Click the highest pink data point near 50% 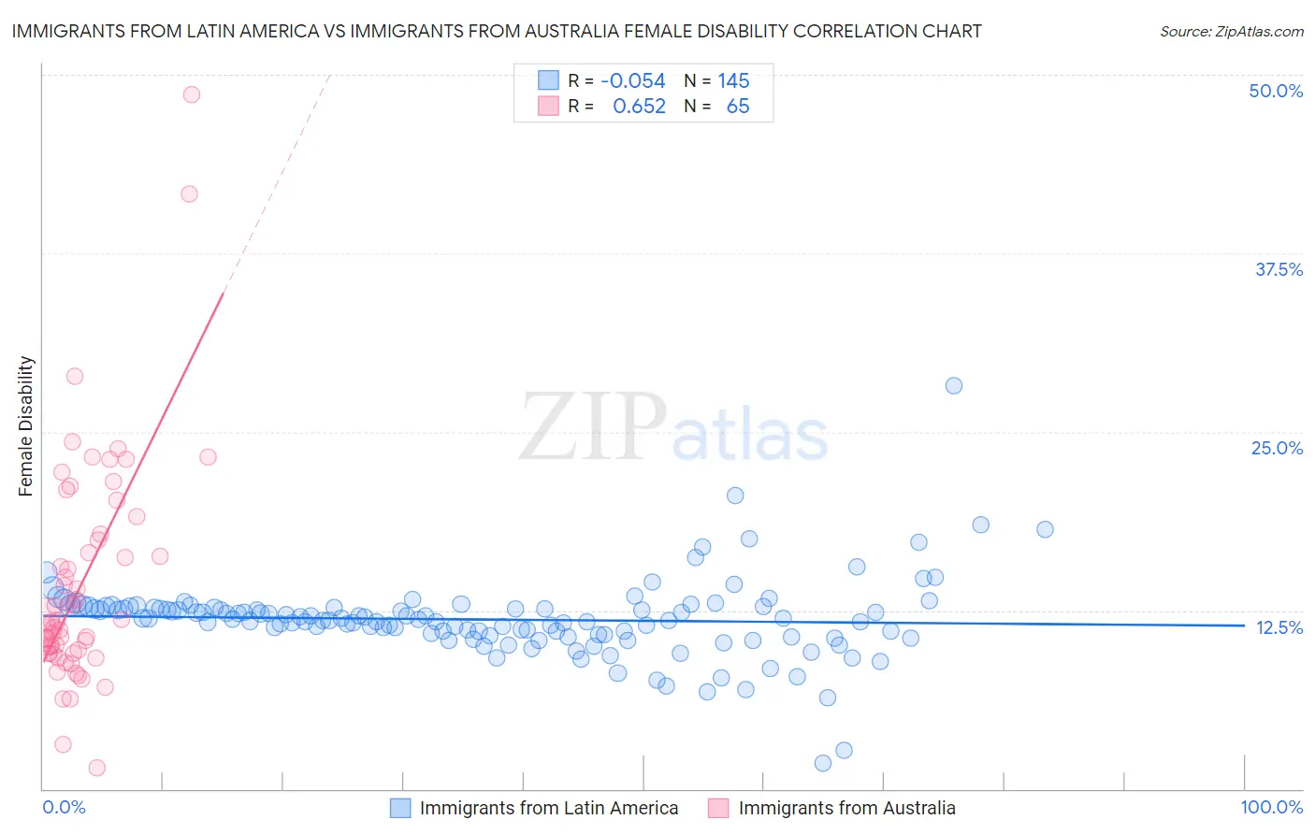(192, 94)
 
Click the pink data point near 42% (189, 194)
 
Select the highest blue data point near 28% (954, 386)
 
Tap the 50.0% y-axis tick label (1276, 91)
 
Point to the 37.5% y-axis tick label (1279, 269)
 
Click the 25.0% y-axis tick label (1277, 448)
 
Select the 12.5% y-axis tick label (1279, 627)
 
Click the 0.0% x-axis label (64, 807)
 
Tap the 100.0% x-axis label (1271, 807)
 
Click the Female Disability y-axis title (26, 426)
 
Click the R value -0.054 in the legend (633, 81)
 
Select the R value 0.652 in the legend (639, 107)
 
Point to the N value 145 (733, 81)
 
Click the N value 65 (738, 107)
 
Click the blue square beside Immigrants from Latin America (400, 808)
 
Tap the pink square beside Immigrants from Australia (718, 808)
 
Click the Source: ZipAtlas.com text (1231, 32)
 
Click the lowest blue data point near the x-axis (823, 763)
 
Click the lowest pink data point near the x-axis (96, 768)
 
